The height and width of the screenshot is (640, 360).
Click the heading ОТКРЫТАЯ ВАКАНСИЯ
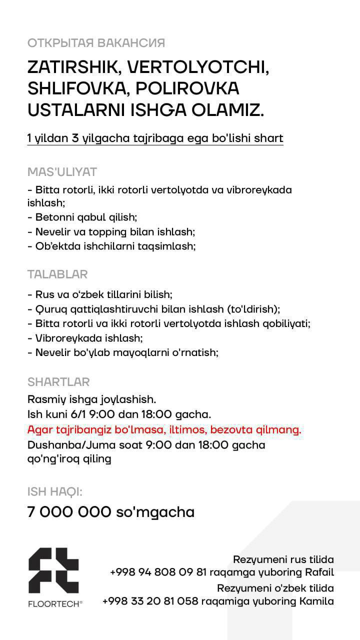[96, 43]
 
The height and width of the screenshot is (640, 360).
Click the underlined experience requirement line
[155, 138]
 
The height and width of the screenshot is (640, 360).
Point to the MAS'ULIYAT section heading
[62, 172]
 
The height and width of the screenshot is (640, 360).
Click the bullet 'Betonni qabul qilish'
[82, 217]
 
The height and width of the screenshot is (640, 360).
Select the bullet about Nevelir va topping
[111, 232]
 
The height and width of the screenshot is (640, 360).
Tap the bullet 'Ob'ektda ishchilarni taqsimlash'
[111, 246]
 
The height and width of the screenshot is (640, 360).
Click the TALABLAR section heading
[57, 274]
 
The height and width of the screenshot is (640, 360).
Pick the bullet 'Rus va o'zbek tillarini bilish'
[100, 295]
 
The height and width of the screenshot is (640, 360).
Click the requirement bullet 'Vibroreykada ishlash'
[86, 338]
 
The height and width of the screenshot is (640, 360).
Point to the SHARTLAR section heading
[58, 382]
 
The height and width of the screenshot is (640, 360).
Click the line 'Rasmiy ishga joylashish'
[92, 400]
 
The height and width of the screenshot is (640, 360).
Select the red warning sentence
[164, 430]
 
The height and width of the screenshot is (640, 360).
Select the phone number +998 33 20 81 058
[150, 601]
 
